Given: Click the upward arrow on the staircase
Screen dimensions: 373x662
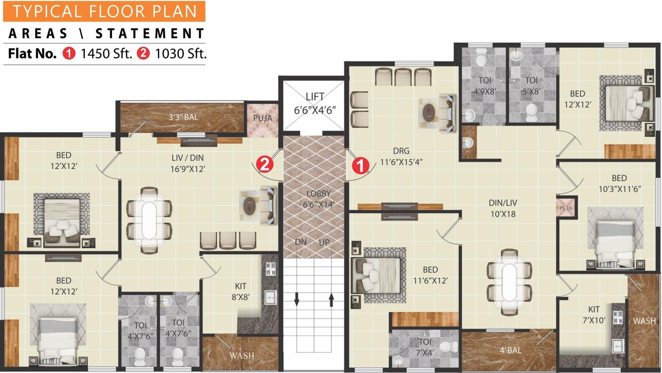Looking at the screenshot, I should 331,299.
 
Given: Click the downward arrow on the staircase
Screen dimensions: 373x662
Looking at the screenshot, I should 296,299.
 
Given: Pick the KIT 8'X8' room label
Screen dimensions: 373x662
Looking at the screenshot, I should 241,291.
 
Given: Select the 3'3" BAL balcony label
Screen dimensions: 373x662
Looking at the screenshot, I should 181,118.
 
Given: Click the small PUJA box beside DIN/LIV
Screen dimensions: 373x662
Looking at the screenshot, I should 566,208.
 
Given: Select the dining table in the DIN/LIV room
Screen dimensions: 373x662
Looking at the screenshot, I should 509,281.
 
